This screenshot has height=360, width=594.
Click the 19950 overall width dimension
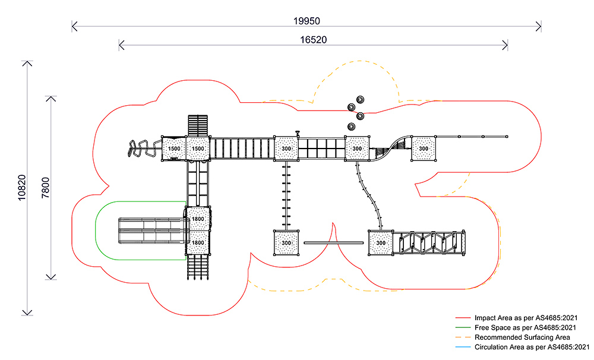pyautogui.click(x=307, y=20)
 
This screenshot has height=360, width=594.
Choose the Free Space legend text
pyautogui.click(x=525, y=328)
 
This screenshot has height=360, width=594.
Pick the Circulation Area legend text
pyautogui.click(x=532, y=347)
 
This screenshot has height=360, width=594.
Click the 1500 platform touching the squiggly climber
pyautogui.click(x=174, y=149)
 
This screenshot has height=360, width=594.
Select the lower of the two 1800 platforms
pyautogui.click(x=198, y=242)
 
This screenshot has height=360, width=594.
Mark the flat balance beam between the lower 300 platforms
pyautogui.click(x=333, y=243)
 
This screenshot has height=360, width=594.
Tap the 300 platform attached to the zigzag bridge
pyautogui.click(x=381, y=243)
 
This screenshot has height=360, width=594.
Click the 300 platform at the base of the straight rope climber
pyautogui.click(x=286, y=243)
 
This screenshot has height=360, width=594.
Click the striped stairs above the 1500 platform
pyautogui.click(x=198, y=125)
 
